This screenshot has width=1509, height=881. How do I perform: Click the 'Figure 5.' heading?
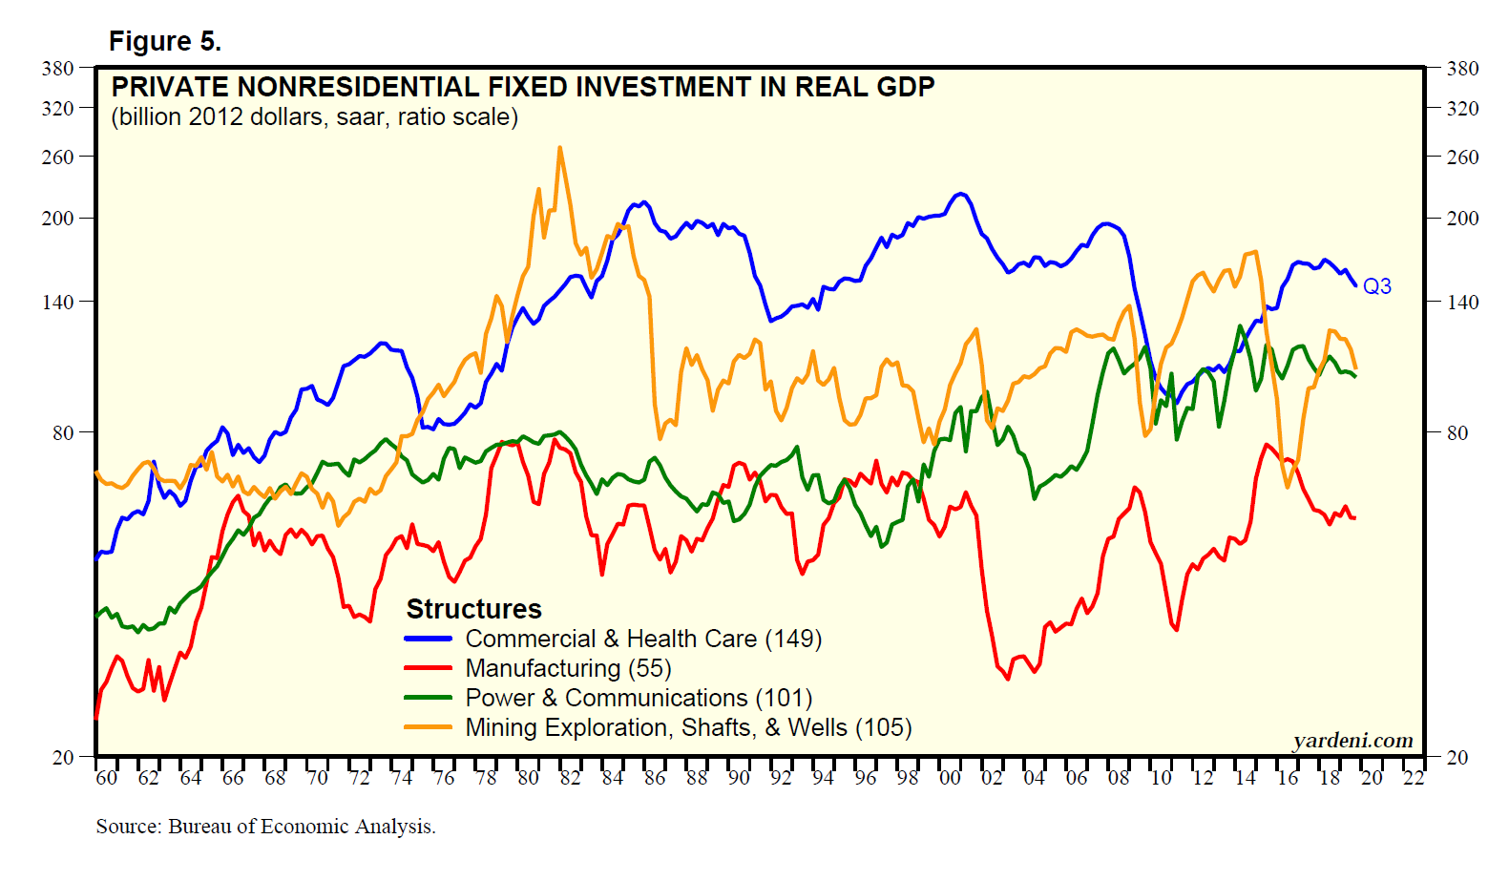(164, 42)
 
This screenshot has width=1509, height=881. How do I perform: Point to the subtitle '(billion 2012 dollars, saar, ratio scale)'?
(314, 117)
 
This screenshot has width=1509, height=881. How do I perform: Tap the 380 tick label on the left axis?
(58, 69)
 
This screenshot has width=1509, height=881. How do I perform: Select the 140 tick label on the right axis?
(1462, 303)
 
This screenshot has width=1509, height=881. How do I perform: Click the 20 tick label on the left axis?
(63, 758)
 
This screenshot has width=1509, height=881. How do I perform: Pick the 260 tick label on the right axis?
(1462, 157)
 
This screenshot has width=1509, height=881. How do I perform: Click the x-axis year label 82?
(570, 778)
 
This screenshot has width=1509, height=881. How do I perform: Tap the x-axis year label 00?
(950, 778)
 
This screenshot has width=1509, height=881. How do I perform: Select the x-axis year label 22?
(1414, 778)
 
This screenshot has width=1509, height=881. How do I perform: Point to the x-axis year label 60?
(107, 778)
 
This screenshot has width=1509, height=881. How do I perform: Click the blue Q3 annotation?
(1376, 286)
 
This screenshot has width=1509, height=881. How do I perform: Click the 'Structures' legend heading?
(473, 609)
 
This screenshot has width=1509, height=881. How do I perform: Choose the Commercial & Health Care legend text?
(642, 639)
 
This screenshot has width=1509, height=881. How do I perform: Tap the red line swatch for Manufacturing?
(428, 668)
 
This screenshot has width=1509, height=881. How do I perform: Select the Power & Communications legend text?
(638, 698)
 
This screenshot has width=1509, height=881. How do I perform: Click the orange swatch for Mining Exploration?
(428, 727)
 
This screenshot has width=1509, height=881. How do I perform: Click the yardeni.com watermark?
(1352, 741)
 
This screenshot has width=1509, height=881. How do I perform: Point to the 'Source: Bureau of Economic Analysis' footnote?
(265, 827)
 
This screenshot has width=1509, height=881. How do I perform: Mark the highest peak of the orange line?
(559, 147)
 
